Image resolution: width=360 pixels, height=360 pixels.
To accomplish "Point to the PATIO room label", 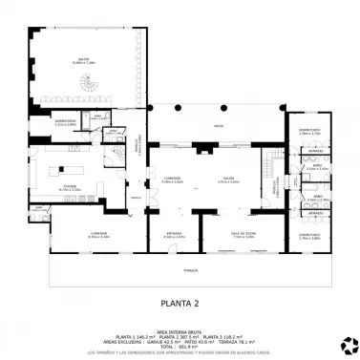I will point(219,125).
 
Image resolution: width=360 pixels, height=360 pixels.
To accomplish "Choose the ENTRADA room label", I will point(174,234).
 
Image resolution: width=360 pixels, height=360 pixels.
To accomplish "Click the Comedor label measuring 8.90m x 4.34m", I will point(98,234).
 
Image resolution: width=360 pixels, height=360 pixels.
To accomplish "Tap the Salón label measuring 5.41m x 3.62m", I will point(229,179).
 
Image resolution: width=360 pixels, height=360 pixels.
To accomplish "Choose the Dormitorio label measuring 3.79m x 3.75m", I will point(309,132).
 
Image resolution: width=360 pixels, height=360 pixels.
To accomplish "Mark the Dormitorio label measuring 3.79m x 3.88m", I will point(309,236).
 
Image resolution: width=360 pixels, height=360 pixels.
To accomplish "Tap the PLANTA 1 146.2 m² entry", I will point(133,335).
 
